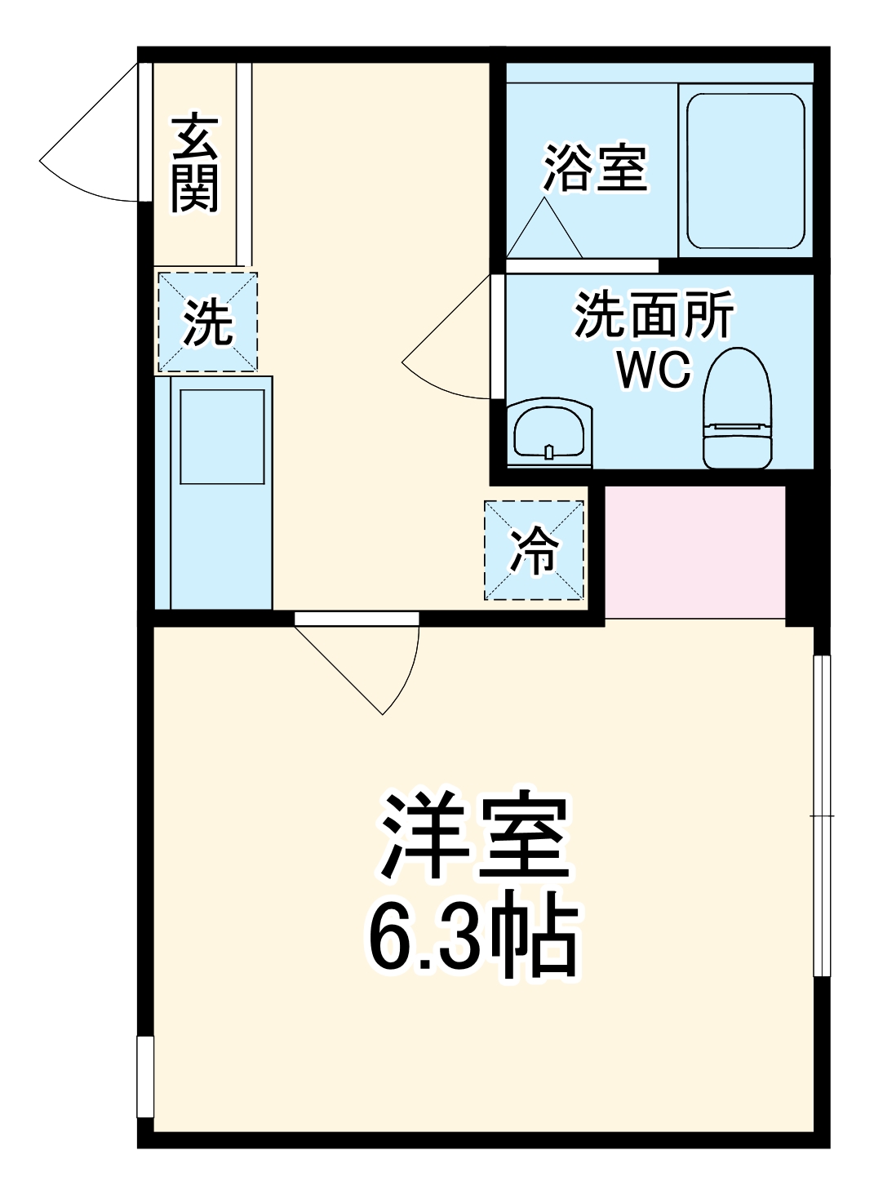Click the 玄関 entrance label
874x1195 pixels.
click(x=195, y=162)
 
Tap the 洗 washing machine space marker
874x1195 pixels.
click(x=207, y=322)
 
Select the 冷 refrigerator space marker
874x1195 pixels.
click(x=535, y=550)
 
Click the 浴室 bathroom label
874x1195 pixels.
click(x=595, y=168)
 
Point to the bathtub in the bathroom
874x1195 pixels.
click(x=746, y=171)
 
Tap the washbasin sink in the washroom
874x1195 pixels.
click(x=548, y=429)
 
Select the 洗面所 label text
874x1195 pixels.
click(x=654, y=314)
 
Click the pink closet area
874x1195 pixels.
click(x=694, y=552)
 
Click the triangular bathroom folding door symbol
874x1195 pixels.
click(x=544, y=229)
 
